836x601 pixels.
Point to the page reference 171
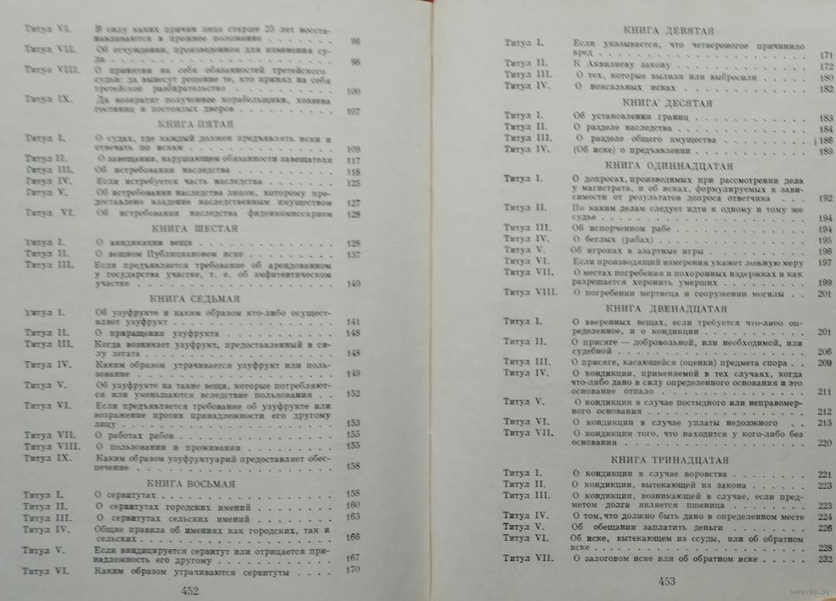click(825, 54)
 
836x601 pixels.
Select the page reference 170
click(352, 570)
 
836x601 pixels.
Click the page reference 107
click(353, 111)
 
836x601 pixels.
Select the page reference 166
click(353, 537)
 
